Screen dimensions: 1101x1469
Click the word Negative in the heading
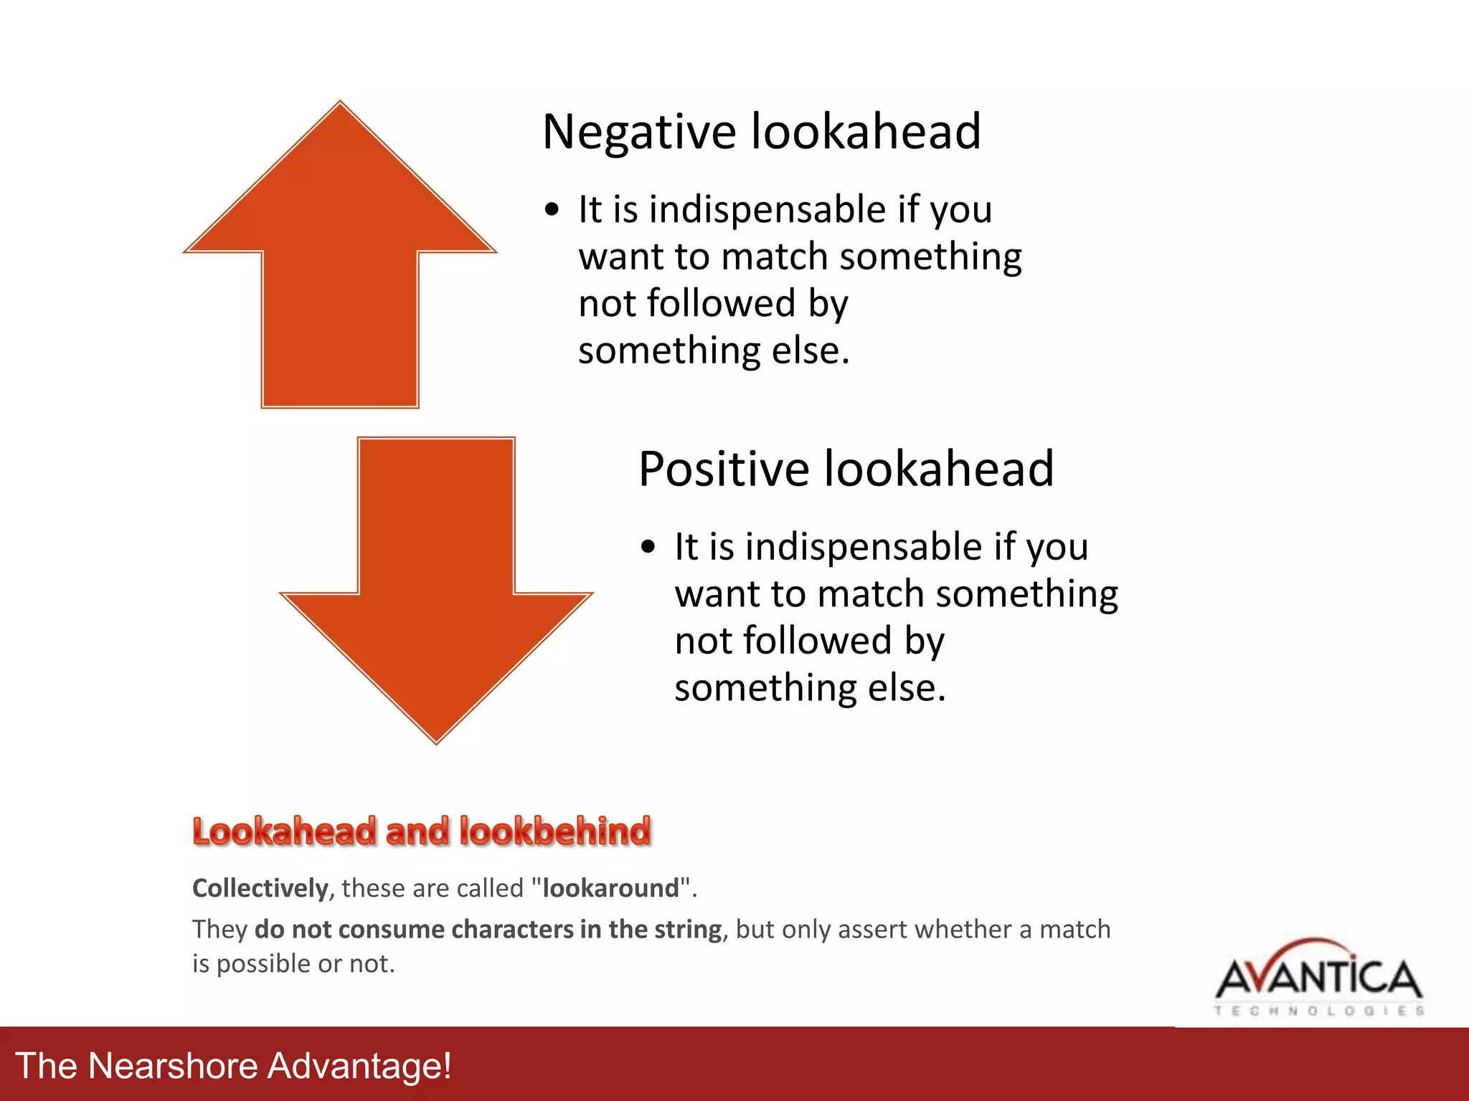click(x=639, y=133)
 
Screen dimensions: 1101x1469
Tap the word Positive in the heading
click(x=724, y=470)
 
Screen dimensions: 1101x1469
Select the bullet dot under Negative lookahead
click(x=551, y=210)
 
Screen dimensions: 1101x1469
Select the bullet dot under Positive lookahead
click(x=648, y=548)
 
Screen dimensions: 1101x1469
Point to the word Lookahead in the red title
click(x=285, y=831)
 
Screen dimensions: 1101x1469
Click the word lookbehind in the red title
click(x=555, y=831)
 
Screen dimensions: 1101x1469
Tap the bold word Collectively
click(x=260, y=888)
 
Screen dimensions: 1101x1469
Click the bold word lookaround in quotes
click(x=610, y=888)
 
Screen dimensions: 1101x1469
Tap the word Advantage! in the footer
click(x=359, y=1065)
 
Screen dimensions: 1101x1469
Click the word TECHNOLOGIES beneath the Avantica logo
click(x=1318, y=1011)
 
